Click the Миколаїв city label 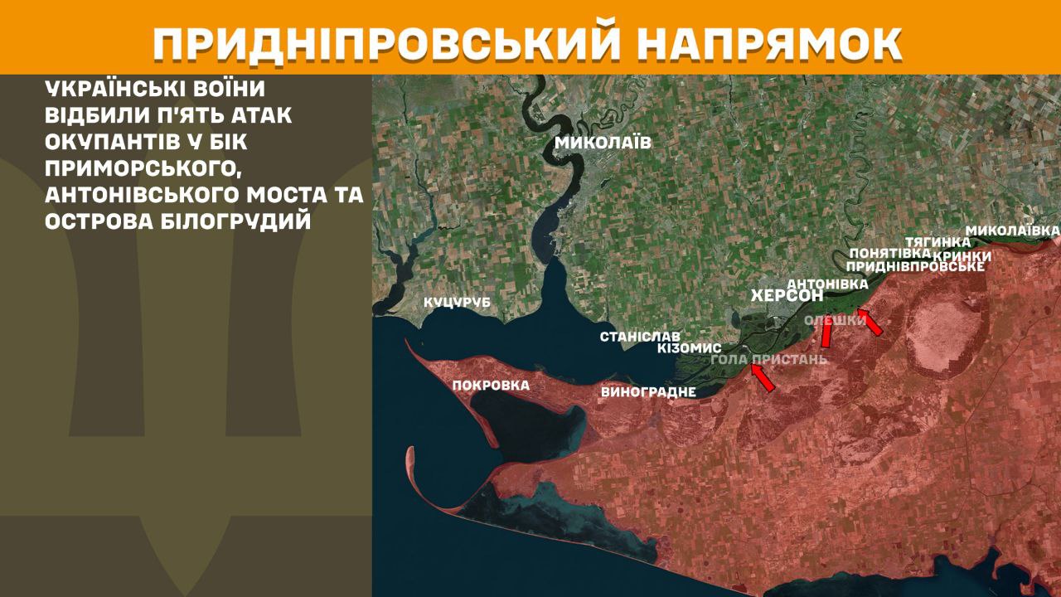point(603,143)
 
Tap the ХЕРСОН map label point(786,296)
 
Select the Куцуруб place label point(457,303)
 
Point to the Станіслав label point(640,337)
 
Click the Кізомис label point(689,348)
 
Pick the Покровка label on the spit point(491,386)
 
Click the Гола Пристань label point(769,360)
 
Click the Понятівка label point(884,253)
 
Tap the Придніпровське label point(915,266)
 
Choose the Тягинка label point(937,241)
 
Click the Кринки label point(962,255)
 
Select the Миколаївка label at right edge point(1013,229)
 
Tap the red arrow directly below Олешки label point(826,333)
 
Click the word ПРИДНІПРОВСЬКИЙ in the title point(388,45)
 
